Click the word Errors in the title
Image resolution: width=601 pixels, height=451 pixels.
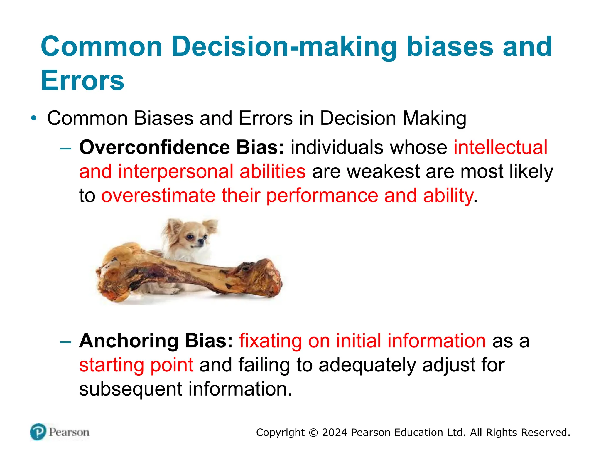click(82, 80)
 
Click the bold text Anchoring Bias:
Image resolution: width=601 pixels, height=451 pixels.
click(156, 341)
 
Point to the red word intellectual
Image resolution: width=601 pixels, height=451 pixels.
click(500, 147)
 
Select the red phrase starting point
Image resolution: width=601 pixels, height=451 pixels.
click(136, 365)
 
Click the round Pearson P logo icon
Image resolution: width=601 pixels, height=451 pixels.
click(38, 432)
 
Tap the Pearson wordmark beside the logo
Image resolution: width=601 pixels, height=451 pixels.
click(69, 432)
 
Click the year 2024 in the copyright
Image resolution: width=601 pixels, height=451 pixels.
click(335, 433)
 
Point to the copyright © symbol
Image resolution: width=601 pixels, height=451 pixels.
click(313, 433)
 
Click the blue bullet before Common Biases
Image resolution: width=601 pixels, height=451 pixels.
click(34, 118)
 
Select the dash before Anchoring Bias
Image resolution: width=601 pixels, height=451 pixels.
click(65, 341)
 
